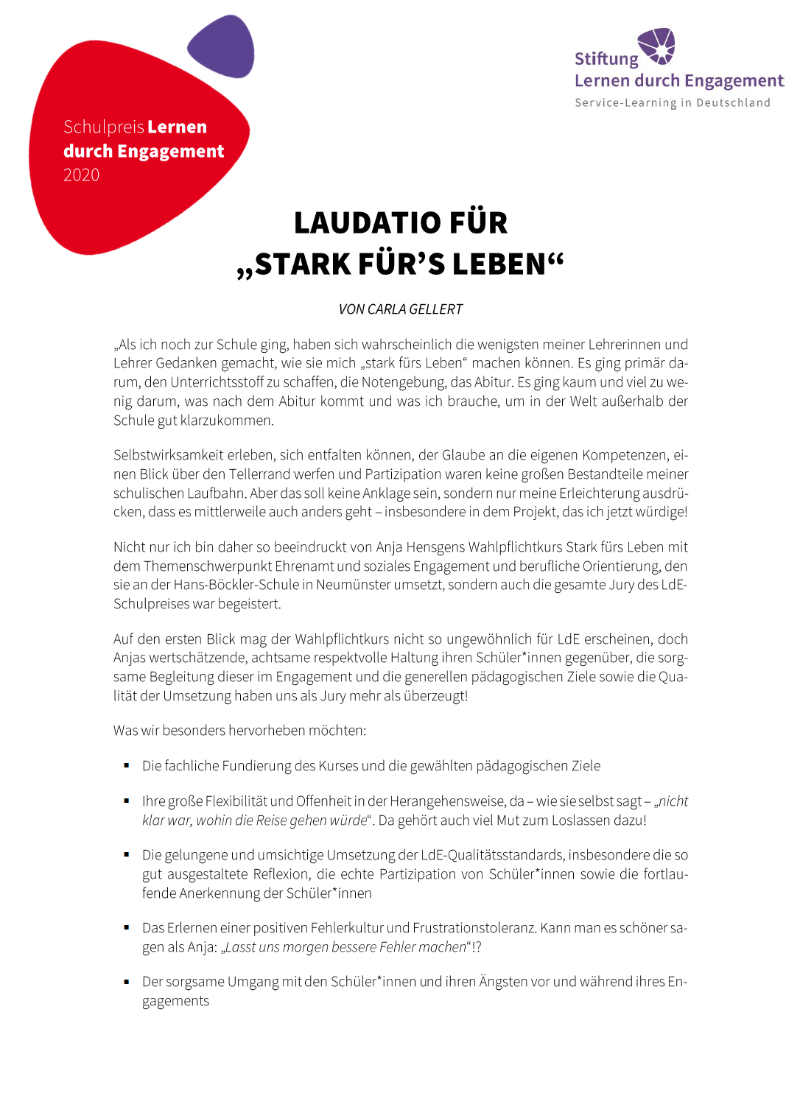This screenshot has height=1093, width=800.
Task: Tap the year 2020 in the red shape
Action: coord(81,175)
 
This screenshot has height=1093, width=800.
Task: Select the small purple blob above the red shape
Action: coord(221,46)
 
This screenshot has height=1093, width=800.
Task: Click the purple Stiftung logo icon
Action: coord(656,46)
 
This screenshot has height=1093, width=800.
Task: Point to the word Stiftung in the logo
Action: coord(606,59)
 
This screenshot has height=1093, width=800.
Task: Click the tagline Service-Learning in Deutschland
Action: coord(672,103)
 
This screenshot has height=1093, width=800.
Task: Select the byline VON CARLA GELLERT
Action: coord(400,309)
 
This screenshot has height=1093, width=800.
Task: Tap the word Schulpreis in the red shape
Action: coord(103,127)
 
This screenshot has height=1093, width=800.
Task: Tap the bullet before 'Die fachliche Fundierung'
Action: coord(127,766)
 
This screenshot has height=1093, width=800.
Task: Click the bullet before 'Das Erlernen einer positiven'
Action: coord(127,928)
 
